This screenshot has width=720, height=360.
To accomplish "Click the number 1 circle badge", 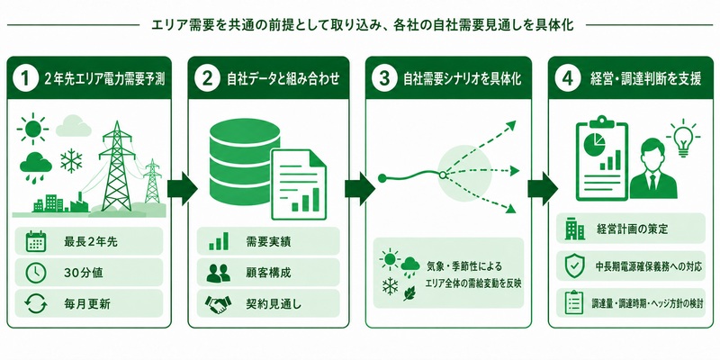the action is click(x=24, y=78).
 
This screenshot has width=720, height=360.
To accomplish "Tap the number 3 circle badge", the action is click(x=385, y=78).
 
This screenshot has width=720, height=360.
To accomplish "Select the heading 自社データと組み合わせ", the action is click(x=283, y=79).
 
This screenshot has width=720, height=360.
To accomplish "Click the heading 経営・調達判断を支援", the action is click(x=644, y=79).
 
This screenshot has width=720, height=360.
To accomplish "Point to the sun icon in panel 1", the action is click(x=33, y=129).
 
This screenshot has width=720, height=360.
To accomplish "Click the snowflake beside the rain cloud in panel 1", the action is click(x=71, y=161).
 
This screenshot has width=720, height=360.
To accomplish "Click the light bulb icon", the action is click(x=684, y=139).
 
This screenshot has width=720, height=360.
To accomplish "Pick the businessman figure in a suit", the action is click(x=653, y=169).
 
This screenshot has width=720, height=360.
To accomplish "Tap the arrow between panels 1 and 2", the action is click(x=182, y=189).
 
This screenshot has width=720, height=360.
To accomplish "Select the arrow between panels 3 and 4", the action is click(x=543, y=189).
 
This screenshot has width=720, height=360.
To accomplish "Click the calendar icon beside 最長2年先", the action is click(x=36, y=241).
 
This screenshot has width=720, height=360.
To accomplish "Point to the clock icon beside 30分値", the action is click(x=36, y=273).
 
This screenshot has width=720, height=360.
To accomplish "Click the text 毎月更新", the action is click(x=86, y=304).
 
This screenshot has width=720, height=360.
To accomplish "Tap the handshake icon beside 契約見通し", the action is click(x=218, y=304).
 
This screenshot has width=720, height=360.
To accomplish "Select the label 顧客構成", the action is click(x=268, y=273).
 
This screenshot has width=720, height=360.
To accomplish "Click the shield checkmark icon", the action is click(x=575, y=266).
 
